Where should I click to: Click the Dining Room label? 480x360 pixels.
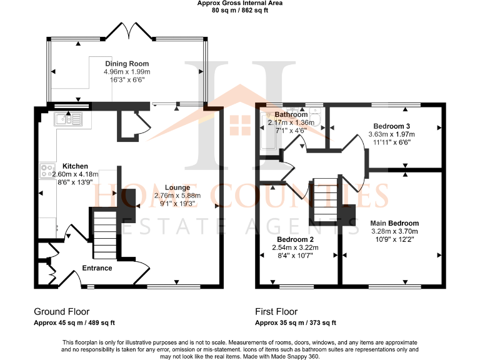coord(127,64)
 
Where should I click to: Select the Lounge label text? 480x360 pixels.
coord(177,187)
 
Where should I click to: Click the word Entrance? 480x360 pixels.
coord(97,268)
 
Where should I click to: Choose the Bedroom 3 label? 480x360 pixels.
coord(391,125)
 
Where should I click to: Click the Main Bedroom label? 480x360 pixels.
coord(394,223)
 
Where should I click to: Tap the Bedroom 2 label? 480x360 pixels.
coord(295,239)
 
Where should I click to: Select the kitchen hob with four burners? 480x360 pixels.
coord(47,169)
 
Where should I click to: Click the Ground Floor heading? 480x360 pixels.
coord(61,311)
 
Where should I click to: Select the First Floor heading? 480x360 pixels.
coord(276,311)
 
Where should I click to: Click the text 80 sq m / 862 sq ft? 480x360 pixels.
coord(239,11)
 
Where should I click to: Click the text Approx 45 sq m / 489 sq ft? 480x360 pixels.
coord(74,322)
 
